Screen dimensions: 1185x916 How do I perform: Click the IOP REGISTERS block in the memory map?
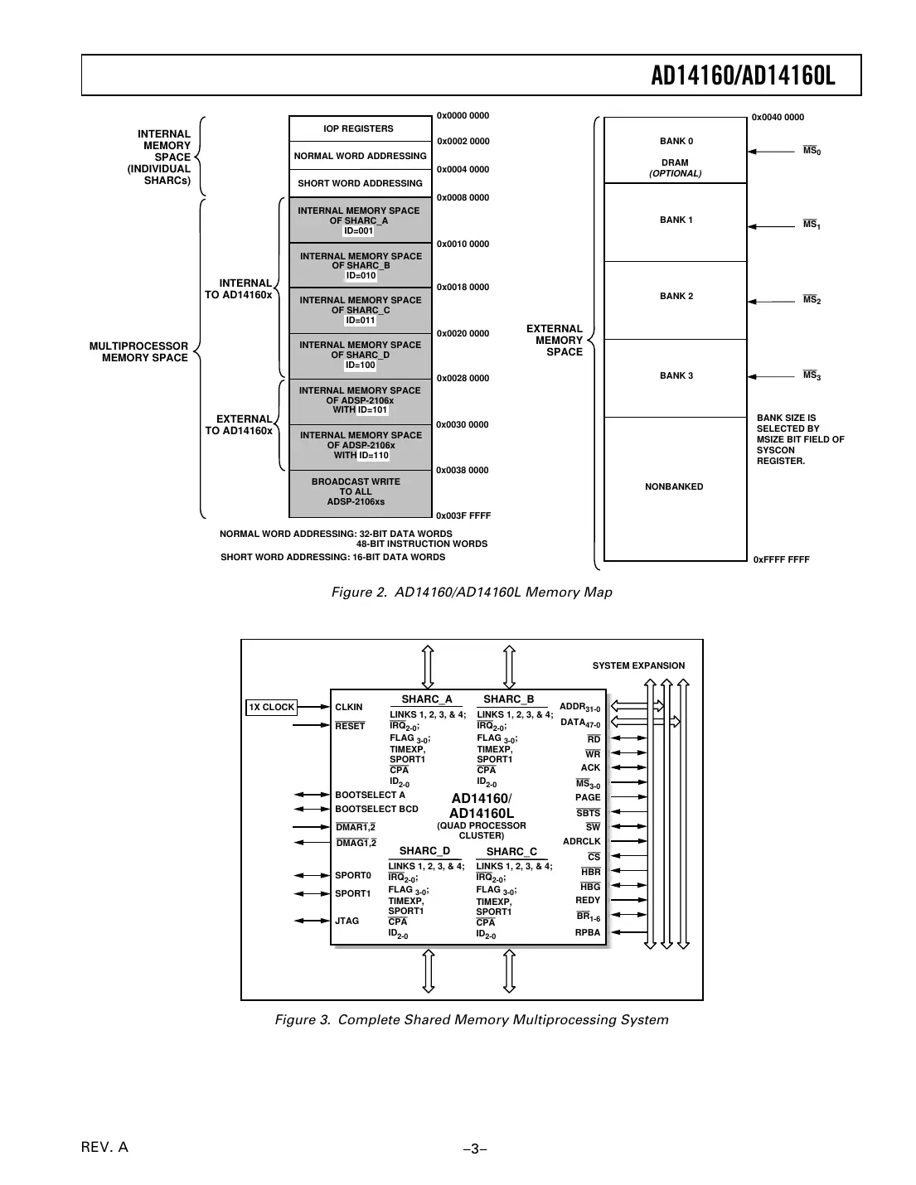coord(359,128)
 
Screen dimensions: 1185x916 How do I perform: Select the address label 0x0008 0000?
coord(463,197)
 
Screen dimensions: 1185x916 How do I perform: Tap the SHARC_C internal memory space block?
coord(361,311)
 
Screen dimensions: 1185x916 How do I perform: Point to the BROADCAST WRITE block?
coord(361,492)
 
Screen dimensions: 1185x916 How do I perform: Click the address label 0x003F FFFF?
coord(463,515)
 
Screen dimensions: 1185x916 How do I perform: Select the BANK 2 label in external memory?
coord(676,296)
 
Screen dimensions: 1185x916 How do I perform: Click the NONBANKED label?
coord(674,486)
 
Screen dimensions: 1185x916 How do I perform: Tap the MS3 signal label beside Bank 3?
coord(812,375)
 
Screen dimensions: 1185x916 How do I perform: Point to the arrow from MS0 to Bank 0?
coord(772,151)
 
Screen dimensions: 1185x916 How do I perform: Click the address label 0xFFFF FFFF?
coord(781,559)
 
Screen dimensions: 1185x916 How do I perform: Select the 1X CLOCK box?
coord(272,707)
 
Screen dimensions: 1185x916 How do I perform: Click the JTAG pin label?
coord(347,921)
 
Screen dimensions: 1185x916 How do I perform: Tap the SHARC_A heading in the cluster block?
coord(427,699)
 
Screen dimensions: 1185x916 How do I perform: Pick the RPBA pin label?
coord(588,932)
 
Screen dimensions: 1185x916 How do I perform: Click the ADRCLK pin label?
coord(581,841)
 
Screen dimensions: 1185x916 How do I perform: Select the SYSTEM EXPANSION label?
coord(638,665)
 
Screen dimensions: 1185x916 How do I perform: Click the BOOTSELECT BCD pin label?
coord(376,809)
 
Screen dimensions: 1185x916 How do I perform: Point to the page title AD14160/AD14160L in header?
coord(743,76)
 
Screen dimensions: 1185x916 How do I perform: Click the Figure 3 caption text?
coord(472,1019)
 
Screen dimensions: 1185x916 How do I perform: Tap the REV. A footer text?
coord(104,1147)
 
